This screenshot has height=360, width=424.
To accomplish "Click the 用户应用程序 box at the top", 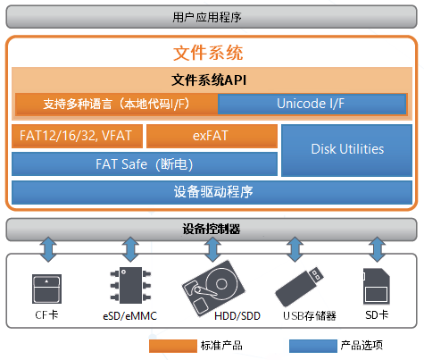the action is (212, 17).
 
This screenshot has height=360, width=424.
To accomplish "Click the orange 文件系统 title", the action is (208, 53).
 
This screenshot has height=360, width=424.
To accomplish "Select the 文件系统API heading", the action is (209, 80).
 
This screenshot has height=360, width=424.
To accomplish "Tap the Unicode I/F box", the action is (312, 104).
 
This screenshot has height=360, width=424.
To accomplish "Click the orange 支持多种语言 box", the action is (116, 104).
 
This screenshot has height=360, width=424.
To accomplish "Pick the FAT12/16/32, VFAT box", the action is (77, 136).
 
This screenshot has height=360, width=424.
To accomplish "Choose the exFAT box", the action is (212, 136).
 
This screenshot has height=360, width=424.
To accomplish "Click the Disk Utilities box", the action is (346, 150).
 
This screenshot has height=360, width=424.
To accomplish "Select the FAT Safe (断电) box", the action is (145, 164).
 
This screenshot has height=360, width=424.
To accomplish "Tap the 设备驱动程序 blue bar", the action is (212, 192).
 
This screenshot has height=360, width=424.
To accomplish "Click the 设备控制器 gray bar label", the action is (212, 229).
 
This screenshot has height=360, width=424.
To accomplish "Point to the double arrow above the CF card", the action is (48, 249).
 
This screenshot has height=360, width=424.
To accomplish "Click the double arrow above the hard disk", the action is (212, 249).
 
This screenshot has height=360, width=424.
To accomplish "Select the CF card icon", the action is (46, 289).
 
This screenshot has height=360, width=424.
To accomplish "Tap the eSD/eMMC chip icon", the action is (130, 285).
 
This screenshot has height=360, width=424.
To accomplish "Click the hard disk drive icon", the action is (213, 289).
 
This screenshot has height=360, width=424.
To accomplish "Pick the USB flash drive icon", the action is (299, 287).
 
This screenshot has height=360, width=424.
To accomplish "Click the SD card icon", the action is (377, 286).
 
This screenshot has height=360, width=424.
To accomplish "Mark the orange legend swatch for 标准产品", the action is (173, 346).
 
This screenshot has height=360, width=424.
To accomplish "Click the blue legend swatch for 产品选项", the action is (313, 346).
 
